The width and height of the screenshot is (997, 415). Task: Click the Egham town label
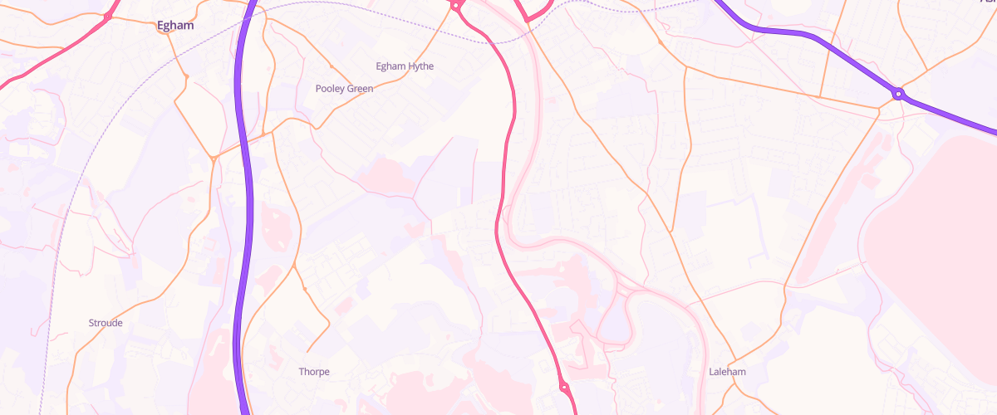click(x=175, y=26)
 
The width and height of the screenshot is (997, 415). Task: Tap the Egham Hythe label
click(x=405, y=66)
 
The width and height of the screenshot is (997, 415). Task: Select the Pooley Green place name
click(x=344, y=88)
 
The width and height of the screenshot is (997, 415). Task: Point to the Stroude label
click(x=106, y=323)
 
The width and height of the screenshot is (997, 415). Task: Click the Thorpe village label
click(x=314, y=372)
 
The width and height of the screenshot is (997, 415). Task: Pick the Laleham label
click(x=727, y=372)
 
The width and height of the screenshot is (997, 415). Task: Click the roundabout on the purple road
click(x=898, y=94)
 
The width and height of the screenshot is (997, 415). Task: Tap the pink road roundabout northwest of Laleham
click(x=563, y=386)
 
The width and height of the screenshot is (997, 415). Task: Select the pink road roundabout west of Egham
click(x=108, y=16)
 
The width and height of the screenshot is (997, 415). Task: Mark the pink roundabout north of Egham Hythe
click(x=456, y=6)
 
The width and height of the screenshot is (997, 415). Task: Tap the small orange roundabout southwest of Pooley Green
click(x=214, y=158)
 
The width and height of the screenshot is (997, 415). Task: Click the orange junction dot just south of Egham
click(x=187, y=77)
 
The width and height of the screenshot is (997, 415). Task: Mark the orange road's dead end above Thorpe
click(x=307, y=350)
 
